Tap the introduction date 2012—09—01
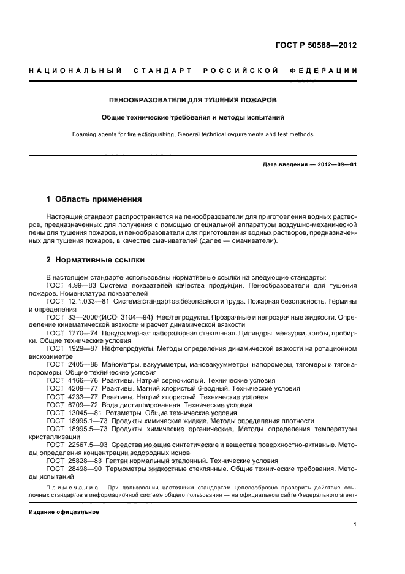coord(336,164)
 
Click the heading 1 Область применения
coord(94,199)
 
